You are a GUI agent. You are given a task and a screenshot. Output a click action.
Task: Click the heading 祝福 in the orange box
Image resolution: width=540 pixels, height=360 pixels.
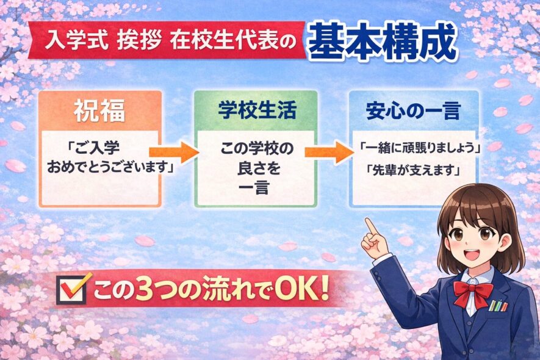pos(101,110)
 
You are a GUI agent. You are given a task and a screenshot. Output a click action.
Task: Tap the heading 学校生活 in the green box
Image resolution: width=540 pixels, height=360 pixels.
pos(256,110)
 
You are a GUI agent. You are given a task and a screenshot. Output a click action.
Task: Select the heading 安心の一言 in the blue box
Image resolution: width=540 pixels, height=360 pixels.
pos(413,110)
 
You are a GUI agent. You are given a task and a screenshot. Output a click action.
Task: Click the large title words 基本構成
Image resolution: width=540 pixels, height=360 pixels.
pos(383,42)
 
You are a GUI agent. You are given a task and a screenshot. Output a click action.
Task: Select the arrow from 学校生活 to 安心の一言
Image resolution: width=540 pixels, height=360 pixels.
pos(330,153)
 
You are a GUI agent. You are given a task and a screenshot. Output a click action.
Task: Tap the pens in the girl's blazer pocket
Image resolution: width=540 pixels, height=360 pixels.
pos(499,304)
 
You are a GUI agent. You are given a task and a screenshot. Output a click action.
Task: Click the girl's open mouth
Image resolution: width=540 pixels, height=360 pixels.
pos(473,252)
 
